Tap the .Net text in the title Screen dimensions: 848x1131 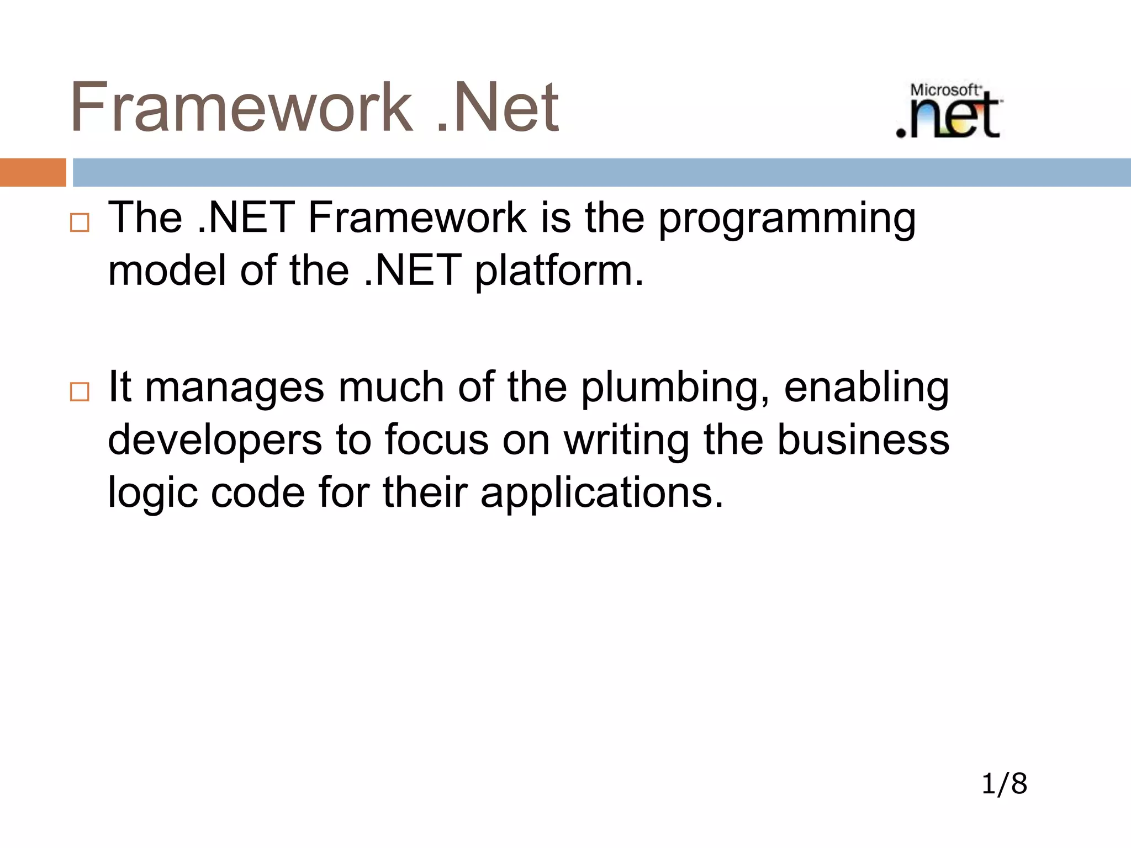pyautogui.click(x=498, y=107)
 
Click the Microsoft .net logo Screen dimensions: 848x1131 pyautogui.click(x=948, y=111)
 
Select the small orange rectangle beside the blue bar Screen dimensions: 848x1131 pyautogui.click(x=33, y=172)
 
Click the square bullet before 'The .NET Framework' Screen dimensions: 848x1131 pyautogui.click(x=80, y=223)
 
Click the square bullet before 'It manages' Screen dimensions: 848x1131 pyautogui.click(x=80, y=392)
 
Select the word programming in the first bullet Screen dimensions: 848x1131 pyautogui.click(x=787, y=220)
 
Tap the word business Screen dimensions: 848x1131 pyautogui.click(x=863, y=440)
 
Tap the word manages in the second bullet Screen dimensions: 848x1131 pyautogui.click(x=235, y=389)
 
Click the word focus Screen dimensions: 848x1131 pyautogui.click(x=436, y=440)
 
